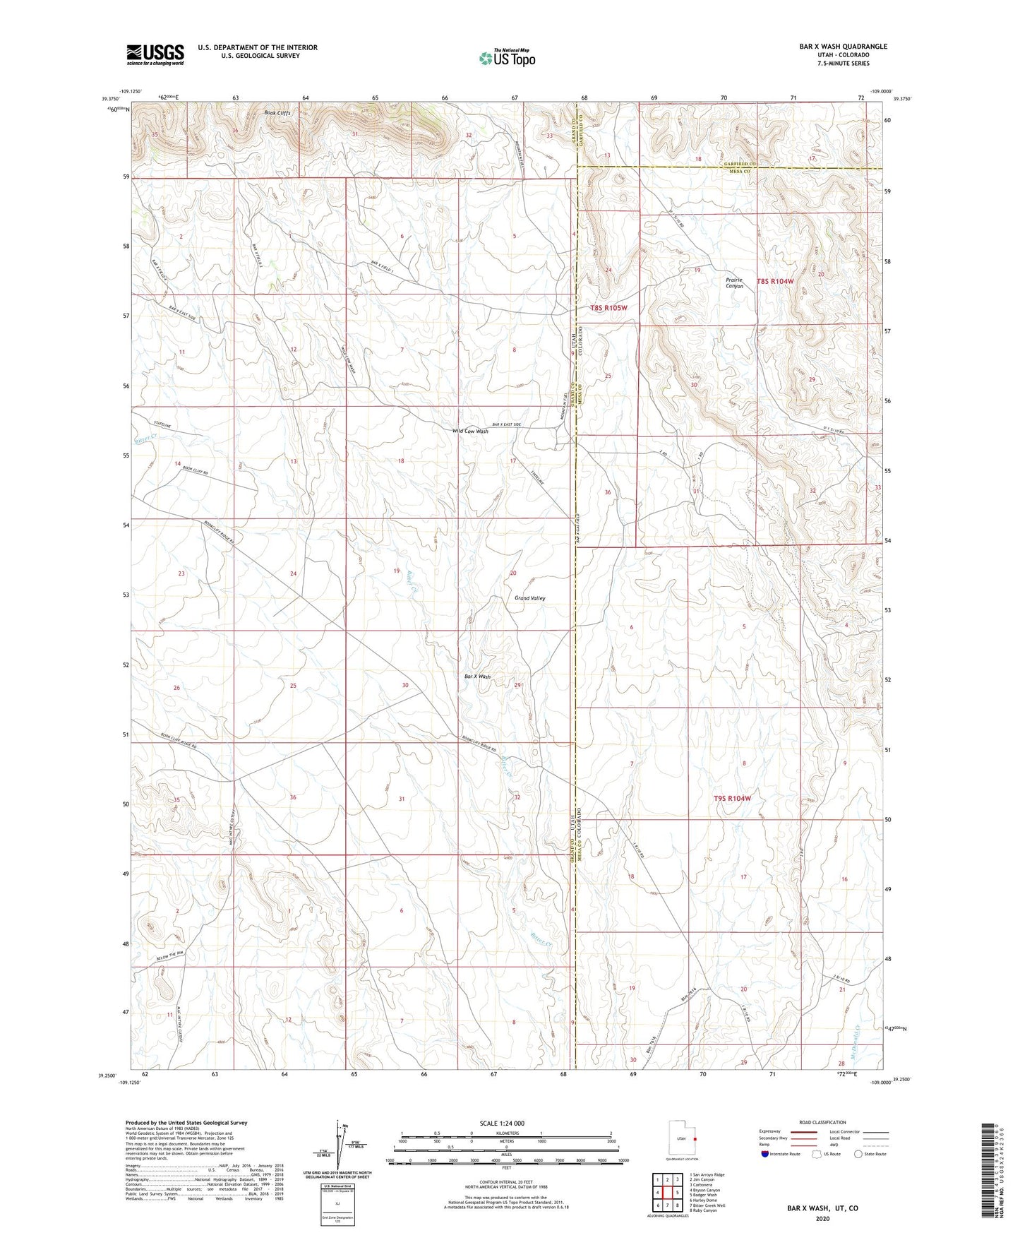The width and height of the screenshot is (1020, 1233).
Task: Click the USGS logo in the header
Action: tap(155, 54)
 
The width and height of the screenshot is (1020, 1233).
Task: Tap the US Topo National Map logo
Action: tap(507, 58)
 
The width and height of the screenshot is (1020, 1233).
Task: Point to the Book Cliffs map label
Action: tap(277, 113)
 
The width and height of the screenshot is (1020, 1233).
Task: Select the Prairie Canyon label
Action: tap(734, 282)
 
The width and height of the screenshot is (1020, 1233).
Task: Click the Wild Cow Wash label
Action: tap(470, 431)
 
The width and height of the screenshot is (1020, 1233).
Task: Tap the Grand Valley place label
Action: tap(529, 598)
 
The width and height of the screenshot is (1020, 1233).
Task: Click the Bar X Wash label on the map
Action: tap(477, 677)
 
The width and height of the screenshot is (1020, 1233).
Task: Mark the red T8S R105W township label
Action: tap(608, 308)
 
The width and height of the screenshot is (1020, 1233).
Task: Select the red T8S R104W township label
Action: tap(775, 281)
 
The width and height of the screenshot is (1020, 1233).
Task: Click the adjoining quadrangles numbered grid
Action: tap(667, 1193)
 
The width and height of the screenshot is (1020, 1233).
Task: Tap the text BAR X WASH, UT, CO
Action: tap(822, 1208)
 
